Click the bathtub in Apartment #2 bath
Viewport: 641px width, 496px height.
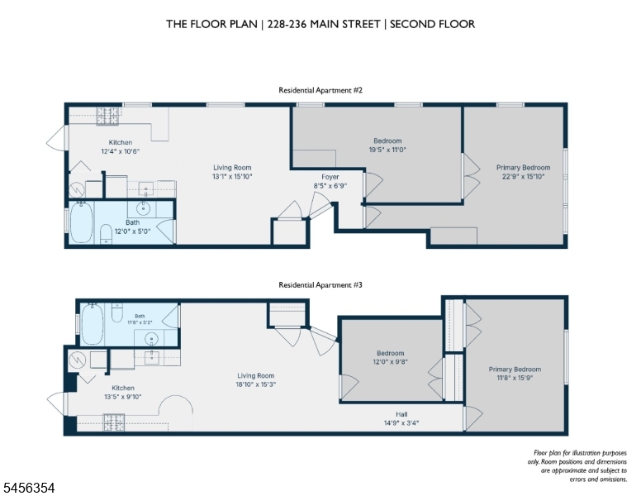[x=81, y=222]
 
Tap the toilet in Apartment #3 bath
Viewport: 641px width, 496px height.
[x=117, y=312]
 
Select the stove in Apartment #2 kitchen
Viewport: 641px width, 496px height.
[x=107, y=116]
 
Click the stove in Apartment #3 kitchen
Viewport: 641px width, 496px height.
[x=114, y=422]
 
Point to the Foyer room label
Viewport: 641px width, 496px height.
[x=330, y=177]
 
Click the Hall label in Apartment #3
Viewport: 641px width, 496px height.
[x=401, y=414]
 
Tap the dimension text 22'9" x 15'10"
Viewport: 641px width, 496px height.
[x=523, y=176]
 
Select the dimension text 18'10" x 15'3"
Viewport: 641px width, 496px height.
[x=255, y=384]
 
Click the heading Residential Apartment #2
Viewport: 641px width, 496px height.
[x=320, y=90]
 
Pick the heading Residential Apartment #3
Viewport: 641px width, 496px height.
[x=320, y=285]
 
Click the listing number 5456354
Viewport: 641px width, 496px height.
[x=29, y=488]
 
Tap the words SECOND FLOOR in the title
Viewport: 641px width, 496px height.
[x=433, y=24]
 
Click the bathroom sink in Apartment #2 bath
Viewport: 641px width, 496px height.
[x=143, y=208]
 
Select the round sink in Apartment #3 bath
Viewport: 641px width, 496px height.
[x=152, y=339]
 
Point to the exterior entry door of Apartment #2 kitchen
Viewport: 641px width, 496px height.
[x=56, y=138]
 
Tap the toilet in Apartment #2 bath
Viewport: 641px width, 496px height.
[x=106, y=234]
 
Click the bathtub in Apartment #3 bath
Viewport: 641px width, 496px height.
[x=92, y=325]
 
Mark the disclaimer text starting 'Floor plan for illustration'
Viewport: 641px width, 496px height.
[x=577, y=465]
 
